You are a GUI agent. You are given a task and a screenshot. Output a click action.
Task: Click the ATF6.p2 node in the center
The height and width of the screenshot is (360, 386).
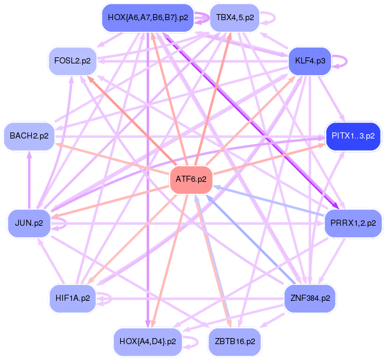(x=191, y=179)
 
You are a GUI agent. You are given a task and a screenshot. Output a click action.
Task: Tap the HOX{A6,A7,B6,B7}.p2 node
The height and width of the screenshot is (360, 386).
(x=148, y=17)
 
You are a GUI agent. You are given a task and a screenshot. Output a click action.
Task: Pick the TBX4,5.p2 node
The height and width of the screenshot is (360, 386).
(x=235, y=17)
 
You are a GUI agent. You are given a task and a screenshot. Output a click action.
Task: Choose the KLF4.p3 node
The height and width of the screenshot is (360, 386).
(x=310, y=62)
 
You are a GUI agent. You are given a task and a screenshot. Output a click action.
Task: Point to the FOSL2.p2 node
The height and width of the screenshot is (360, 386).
(x=73, y=62)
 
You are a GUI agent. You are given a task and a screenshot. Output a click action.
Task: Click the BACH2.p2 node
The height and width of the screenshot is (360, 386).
(x=29, y=135)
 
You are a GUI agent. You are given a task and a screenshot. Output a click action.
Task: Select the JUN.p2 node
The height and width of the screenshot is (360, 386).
(x=29, y=223)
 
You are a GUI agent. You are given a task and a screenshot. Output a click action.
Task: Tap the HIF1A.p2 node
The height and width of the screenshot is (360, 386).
(x=73, y=298)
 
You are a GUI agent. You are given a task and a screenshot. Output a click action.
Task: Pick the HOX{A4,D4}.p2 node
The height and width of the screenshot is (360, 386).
(x=148, y=341)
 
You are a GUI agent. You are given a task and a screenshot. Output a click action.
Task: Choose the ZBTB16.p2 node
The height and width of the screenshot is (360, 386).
(x=235, y=341)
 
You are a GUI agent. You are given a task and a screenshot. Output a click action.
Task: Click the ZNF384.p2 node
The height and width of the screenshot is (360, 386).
(x=310, y=298)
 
